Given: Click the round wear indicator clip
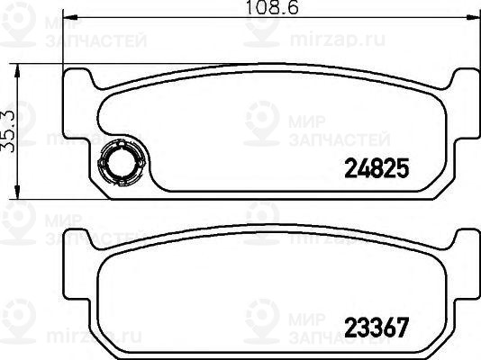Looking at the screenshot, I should click(x=118, y=163).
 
